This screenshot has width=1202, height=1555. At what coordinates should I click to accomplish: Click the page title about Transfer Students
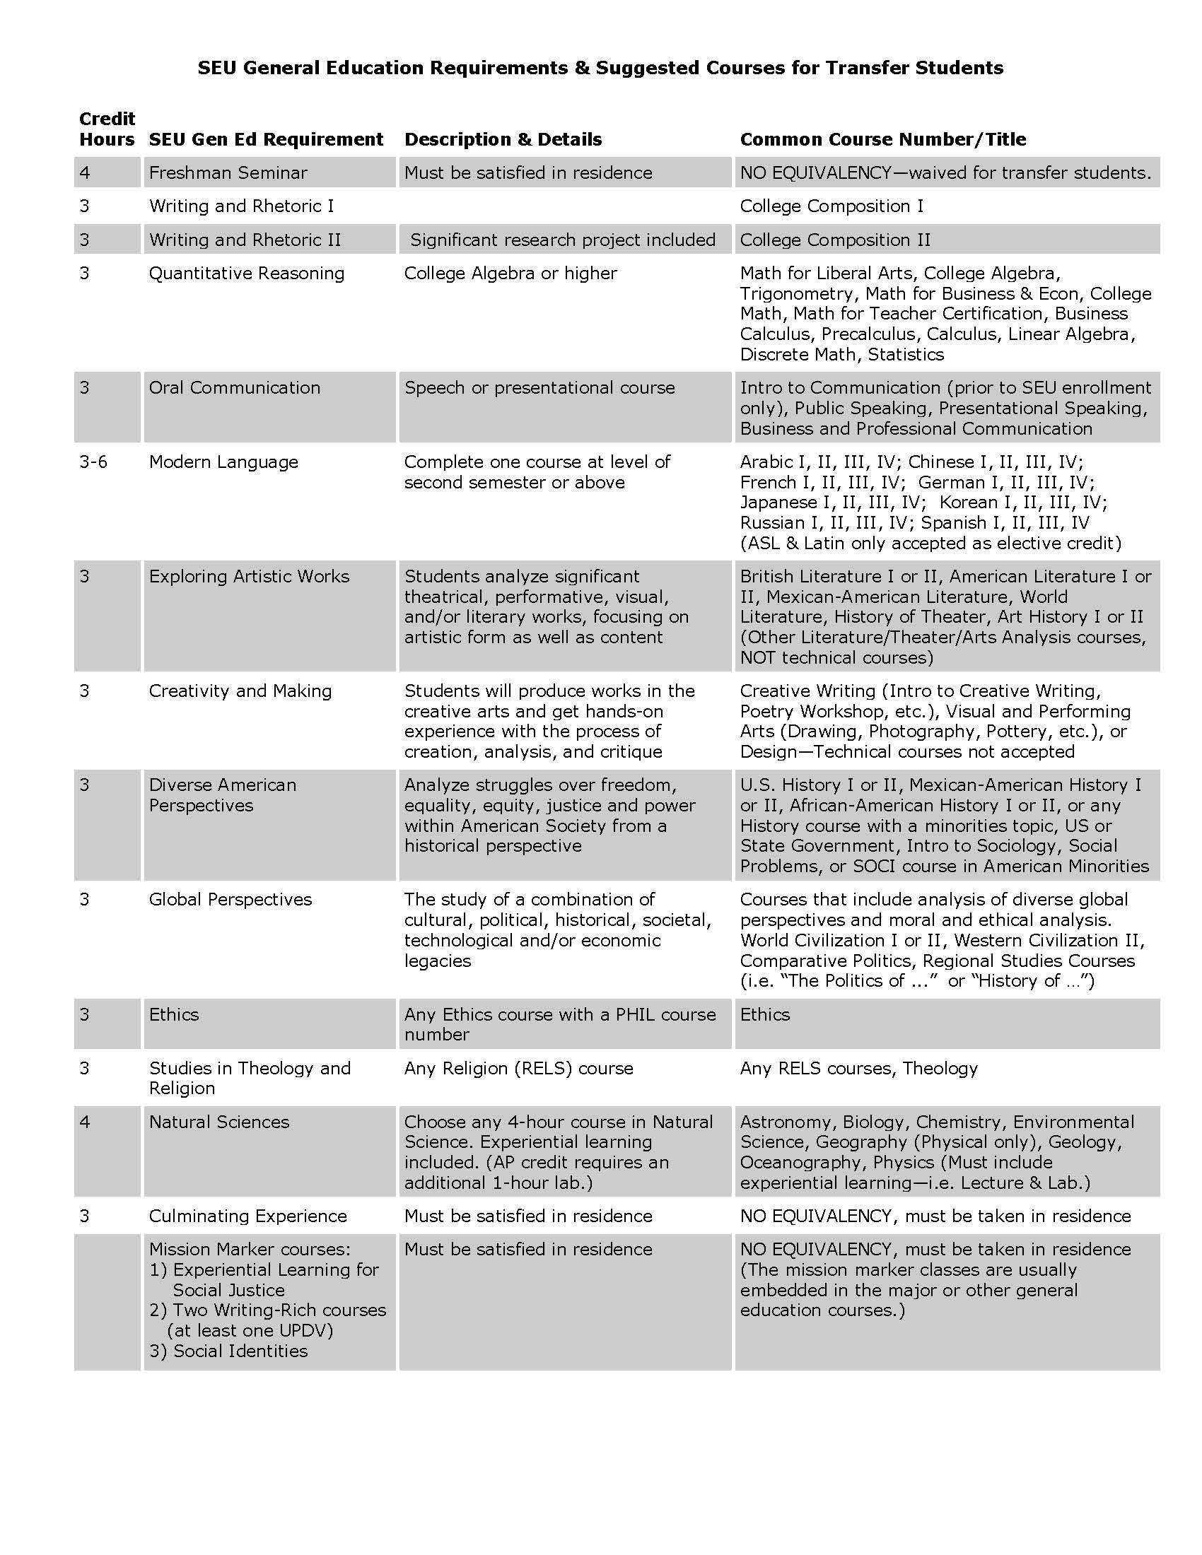(600, 68)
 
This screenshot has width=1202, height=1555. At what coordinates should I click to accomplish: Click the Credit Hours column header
(107, 129)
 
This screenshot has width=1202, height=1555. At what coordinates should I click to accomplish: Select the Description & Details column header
(503, 139)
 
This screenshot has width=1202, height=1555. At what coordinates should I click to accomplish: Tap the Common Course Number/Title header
(883, 139)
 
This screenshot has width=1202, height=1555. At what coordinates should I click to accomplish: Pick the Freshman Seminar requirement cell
(228, 173)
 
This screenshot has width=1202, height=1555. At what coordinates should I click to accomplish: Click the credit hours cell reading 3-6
(93, 462)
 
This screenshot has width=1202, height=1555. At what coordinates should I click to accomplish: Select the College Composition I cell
(831, 206)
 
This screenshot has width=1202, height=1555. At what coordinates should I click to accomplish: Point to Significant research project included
(563, 240)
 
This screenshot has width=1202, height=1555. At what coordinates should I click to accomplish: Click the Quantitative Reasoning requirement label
(246, 274)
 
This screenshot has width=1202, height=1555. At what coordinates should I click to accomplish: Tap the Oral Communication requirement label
(234, 388)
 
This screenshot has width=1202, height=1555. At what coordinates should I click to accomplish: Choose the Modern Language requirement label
(223, 462)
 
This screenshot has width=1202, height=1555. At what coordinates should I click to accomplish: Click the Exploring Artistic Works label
(249, 577)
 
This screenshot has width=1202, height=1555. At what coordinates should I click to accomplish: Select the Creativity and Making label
(240, 691)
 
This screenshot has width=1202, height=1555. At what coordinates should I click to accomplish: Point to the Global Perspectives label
(230, 900)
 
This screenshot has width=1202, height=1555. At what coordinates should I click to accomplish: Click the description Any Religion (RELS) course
(518, 1069)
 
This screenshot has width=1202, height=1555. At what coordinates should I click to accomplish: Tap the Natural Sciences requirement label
(218, 1123)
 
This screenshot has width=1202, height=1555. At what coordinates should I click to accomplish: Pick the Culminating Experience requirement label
(247, 1217)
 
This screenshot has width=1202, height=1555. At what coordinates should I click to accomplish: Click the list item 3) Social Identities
(228, 1351)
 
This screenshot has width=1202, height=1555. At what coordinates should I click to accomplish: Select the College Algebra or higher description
(510, 274)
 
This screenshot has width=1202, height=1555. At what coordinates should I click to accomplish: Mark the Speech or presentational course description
(539, 388)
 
